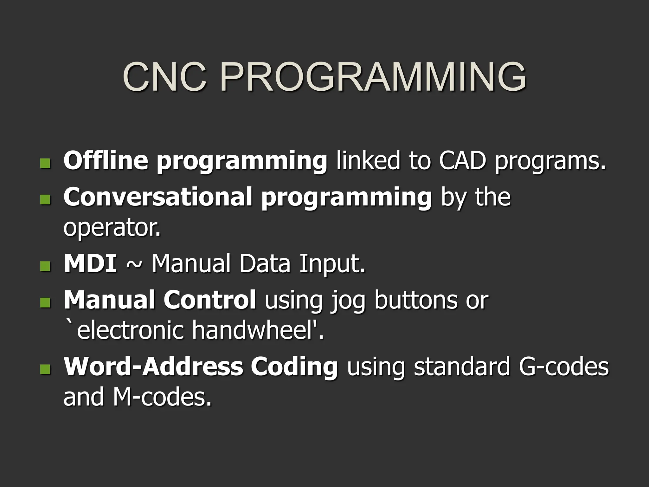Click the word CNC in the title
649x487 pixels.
coord(165,77)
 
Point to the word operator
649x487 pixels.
coord(112,228)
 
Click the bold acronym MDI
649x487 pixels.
coord(90,264)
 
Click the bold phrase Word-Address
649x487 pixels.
coord(153,367)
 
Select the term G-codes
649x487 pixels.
coord(563,367)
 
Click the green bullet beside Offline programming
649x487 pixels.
coord(45,163)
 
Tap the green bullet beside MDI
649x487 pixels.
coord(45,266)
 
